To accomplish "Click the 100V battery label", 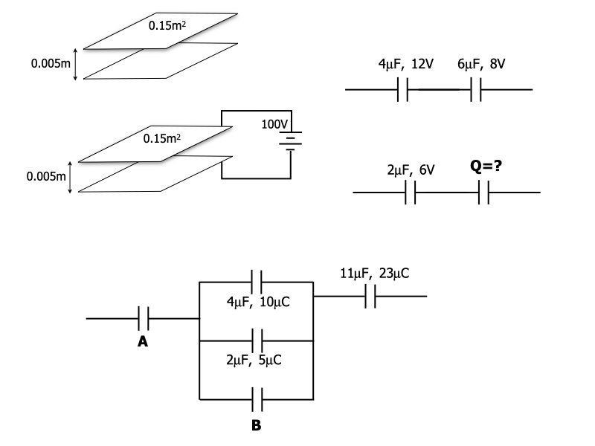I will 274,123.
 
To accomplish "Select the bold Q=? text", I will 485,167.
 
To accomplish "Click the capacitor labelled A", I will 144,318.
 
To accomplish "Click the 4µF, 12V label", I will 405,65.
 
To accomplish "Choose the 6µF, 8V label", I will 482,65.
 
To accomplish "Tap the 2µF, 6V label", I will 411,169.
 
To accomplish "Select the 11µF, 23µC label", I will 374,274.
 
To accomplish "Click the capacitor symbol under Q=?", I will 483,193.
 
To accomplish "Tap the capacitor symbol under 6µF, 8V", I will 477,90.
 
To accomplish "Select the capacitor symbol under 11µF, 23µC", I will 371,297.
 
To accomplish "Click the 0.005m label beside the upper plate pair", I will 51,64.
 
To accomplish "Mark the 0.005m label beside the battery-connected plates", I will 45,177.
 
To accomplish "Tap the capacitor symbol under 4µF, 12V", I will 405,90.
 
